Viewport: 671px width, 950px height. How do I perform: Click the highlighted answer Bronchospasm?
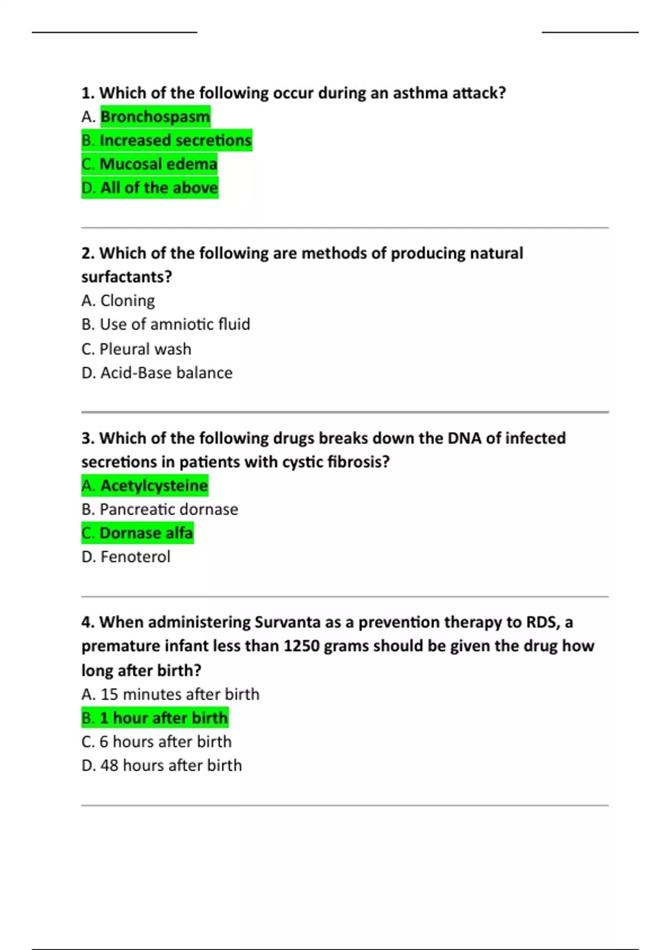click(155, 116)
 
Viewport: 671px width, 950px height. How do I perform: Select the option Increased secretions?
click(167, 140)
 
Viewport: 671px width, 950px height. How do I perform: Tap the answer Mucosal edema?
click(149, 164)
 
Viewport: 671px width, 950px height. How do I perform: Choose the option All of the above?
click(150, 188)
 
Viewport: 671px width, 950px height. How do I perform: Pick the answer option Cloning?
click(118, 301)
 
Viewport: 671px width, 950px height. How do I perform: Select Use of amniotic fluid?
click(166, 324)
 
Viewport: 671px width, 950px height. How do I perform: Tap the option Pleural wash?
click(136, 349)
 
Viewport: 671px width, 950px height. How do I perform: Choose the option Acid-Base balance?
click(157, 373)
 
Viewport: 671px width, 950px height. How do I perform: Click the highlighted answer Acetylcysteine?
click(145, 486)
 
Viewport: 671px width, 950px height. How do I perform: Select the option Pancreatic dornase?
click(160, 509)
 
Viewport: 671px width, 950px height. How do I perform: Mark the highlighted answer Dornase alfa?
click(138, 533)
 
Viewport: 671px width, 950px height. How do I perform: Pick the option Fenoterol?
click(126, 557)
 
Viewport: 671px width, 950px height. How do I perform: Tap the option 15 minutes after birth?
click(171, 694)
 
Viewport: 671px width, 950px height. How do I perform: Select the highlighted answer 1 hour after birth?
click(155, 718)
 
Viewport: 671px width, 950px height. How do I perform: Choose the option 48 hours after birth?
click(162, 765)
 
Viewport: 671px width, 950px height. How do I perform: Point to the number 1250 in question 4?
click(301, 646)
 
